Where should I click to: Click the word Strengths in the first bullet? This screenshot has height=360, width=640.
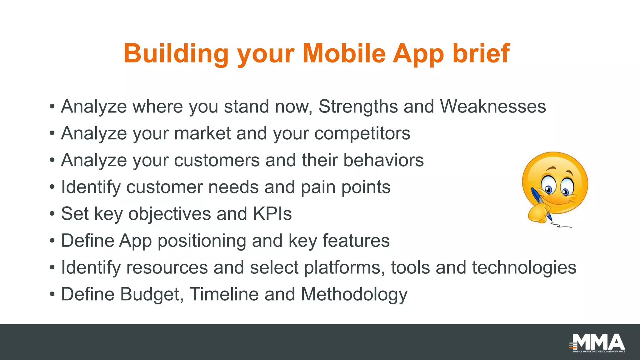[358, 107]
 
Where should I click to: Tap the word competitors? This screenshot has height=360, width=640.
[362, 134]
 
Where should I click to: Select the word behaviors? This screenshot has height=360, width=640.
[383, 160]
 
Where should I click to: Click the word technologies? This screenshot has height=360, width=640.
[524, 268]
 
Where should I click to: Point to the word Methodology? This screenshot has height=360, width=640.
[354, 295]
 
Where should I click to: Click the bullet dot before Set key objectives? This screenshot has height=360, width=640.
[52, 214]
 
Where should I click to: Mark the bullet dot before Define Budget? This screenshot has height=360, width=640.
[52, 295]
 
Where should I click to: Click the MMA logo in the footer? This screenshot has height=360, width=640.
[597, 343]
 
